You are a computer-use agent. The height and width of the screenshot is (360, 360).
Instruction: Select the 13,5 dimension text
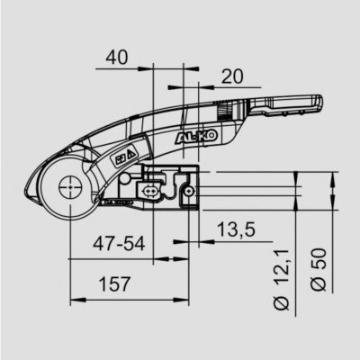(237, 231)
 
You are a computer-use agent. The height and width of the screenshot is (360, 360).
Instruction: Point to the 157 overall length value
(110, 286)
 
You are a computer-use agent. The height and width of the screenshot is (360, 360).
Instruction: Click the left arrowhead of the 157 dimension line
(72, 301)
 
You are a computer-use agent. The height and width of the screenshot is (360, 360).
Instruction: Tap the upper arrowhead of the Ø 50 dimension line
(335, 177)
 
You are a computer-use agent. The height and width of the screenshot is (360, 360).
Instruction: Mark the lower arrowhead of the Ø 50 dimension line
(335, 222)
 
